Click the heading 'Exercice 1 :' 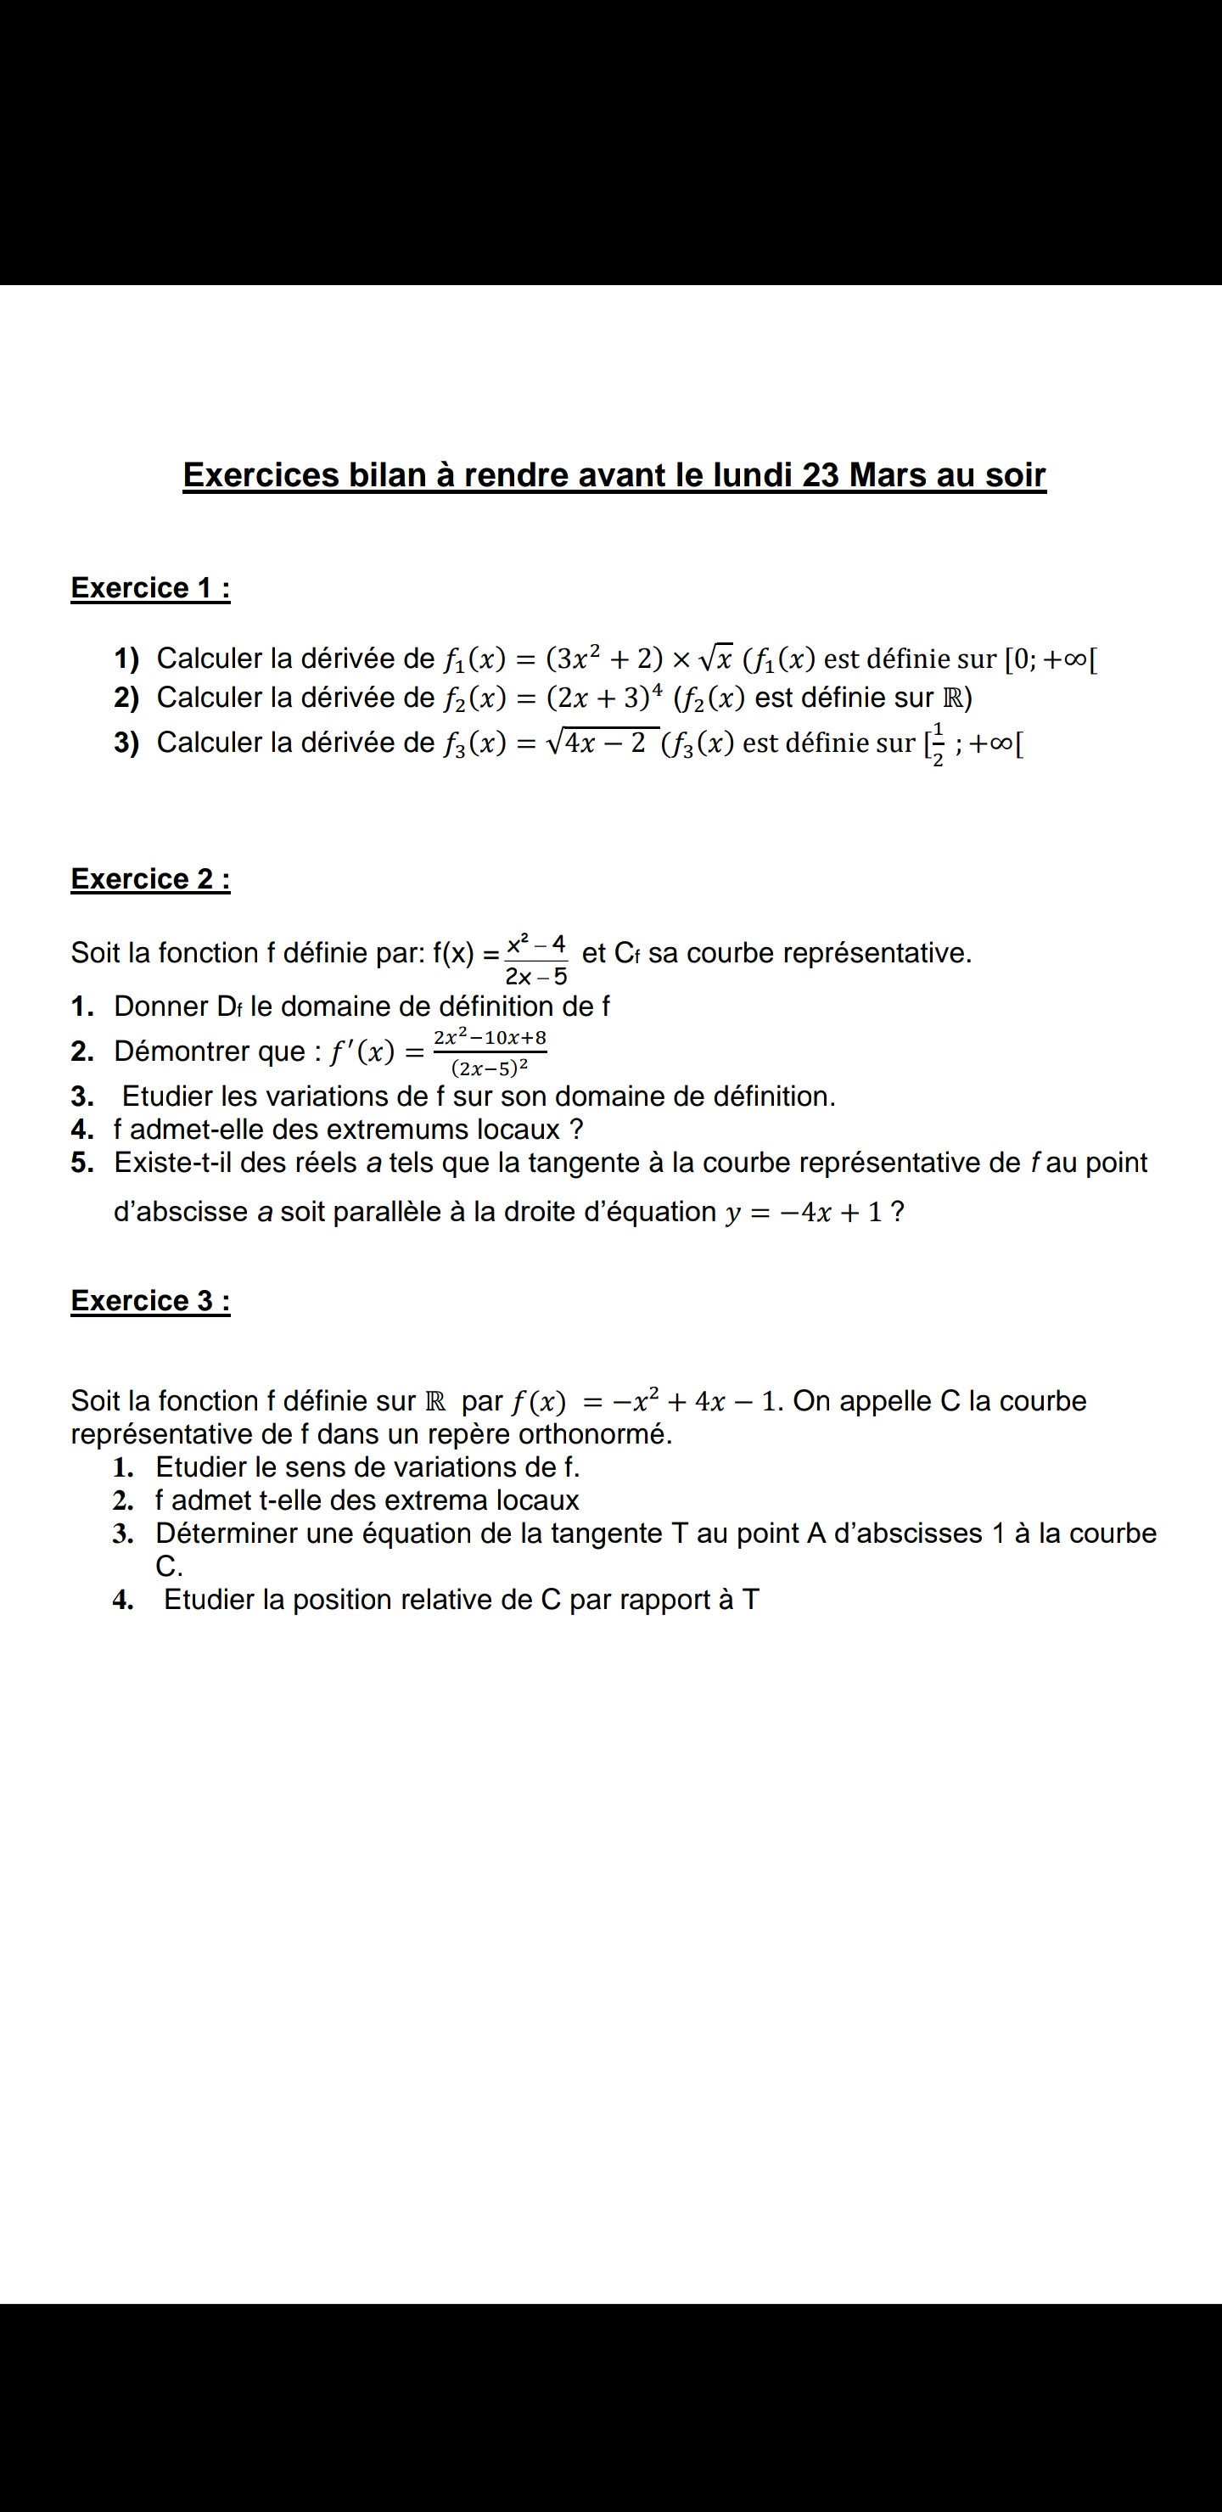[150, 588]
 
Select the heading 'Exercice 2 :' [150, 878]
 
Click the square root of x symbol [714, 659]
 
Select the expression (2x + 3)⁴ [606, 698]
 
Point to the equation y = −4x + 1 [802, 1212]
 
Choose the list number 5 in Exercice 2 [82, 1163]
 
